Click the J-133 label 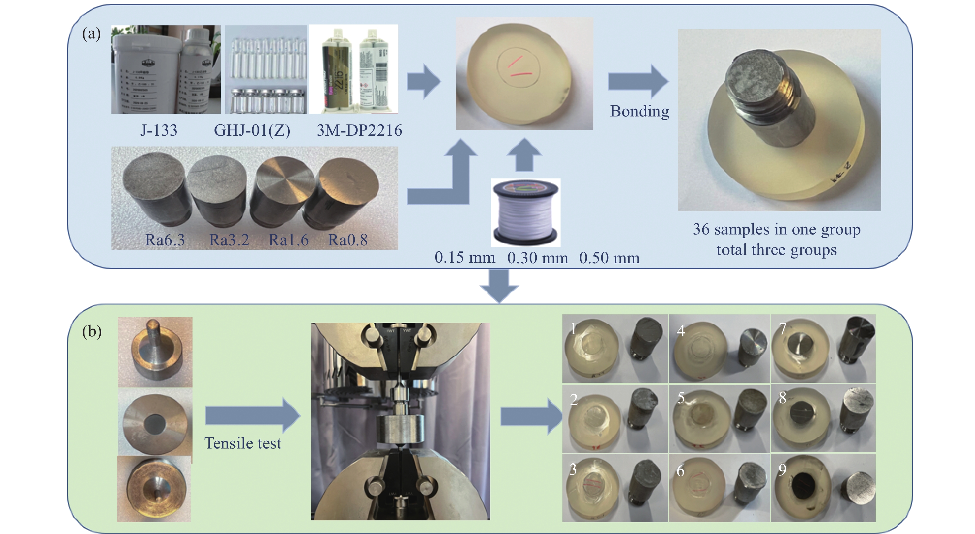158,130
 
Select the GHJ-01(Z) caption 252,130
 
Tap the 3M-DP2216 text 359,130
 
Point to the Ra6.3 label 165,240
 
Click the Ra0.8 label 348,240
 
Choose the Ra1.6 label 288,240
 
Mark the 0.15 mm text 465,257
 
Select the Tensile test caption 243,443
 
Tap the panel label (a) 92,34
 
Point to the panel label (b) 92,331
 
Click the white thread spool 525,213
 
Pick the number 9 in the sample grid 782,470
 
